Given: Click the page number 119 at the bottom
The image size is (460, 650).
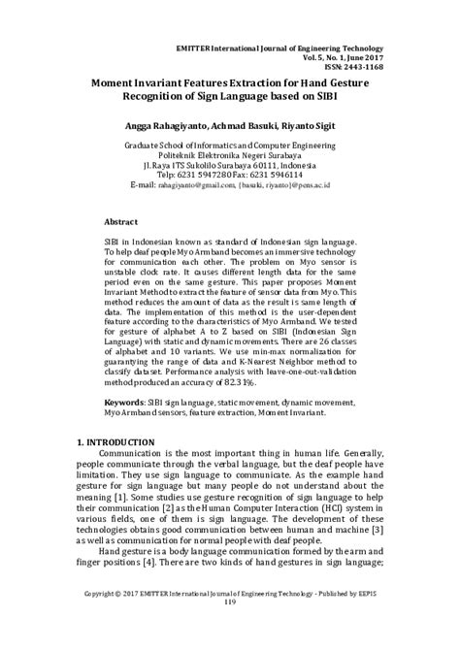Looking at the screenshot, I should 229,629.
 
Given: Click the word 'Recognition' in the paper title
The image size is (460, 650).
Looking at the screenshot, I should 168,97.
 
